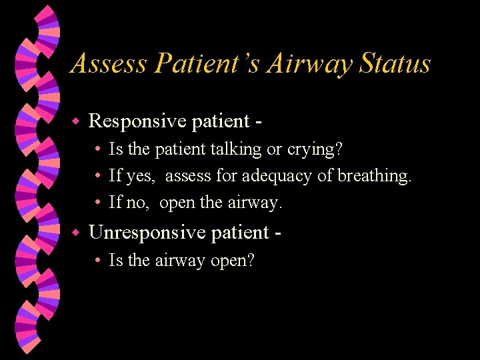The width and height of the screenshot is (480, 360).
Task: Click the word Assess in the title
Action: [x=108, y=64]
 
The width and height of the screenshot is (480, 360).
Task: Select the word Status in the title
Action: [x=395, y=64]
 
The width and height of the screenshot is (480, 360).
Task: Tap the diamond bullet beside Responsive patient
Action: [x=76, y=121]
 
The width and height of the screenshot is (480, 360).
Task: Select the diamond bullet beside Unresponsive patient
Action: [x=76, y=233]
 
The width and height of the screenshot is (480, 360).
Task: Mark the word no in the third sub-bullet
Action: [x=137, y=203]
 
